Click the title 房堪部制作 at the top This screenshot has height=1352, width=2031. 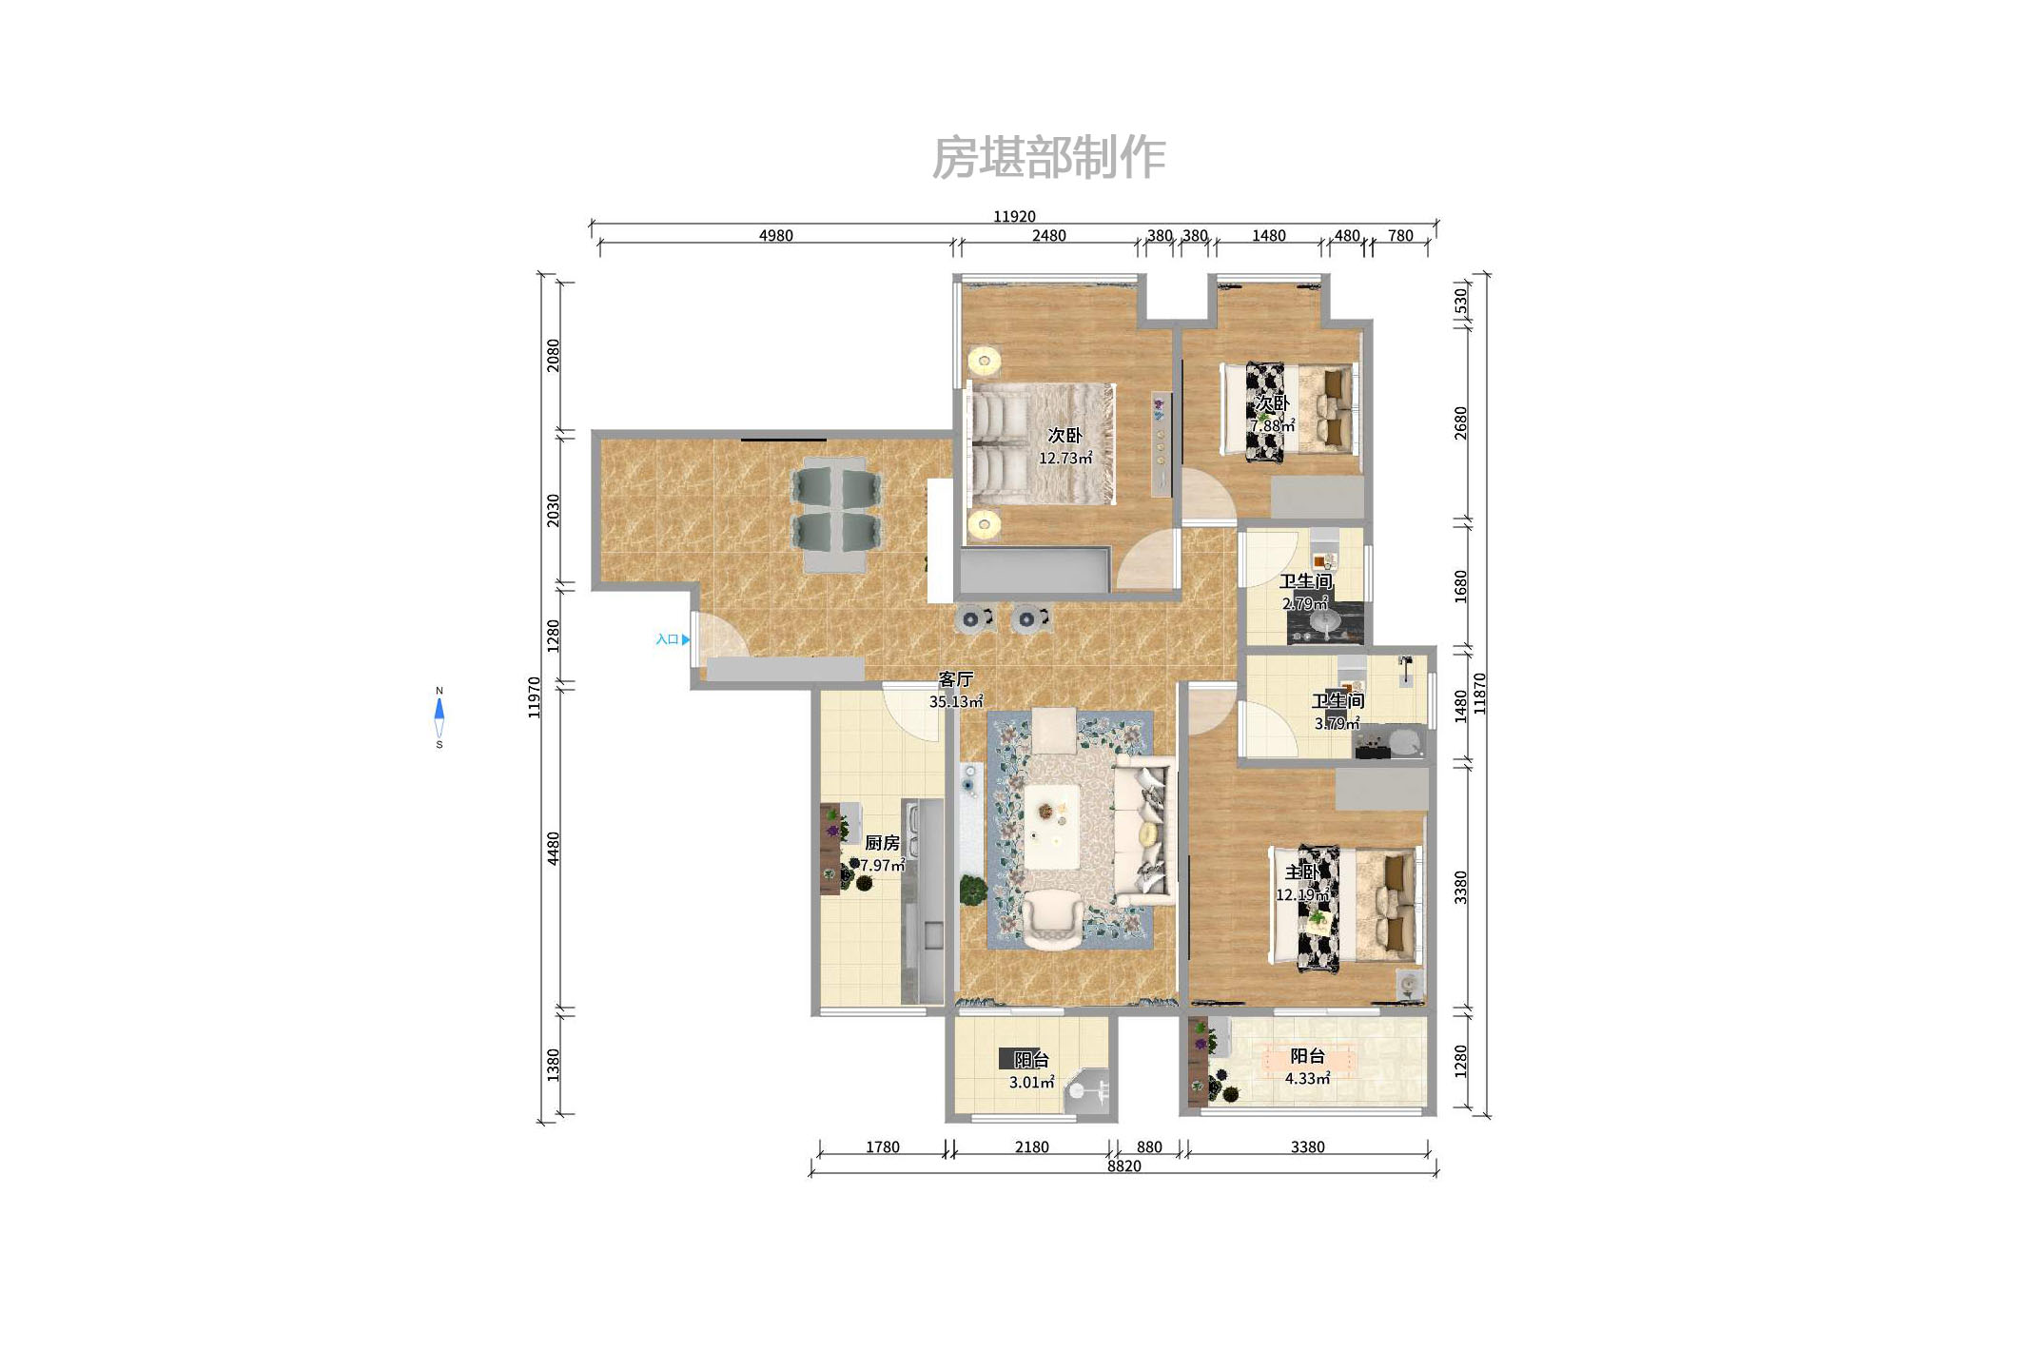click(1048, 157)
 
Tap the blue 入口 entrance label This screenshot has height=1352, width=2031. click(668, 639)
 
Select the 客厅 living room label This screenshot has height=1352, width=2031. click(955, 679)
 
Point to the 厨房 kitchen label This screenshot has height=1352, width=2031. click(882, 843)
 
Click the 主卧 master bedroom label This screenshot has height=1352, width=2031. click(1301, 872)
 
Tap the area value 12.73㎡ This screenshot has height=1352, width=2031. click(1065, 458)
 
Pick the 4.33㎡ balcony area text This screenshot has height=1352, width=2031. click(1307, 1078)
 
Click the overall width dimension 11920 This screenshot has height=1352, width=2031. click(1014, 216)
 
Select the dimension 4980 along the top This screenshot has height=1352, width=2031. click(775, 235)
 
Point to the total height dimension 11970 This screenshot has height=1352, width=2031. click(535, 697)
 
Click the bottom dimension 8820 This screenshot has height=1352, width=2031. click(1123, 1166)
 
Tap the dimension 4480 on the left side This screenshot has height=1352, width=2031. click(554, 848)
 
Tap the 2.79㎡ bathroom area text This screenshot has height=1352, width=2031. click(1305, 603)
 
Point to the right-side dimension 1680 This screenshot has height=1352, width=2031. click(1461, 586)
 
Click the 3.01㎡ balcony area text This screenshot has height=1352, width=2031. click(1031, 1082)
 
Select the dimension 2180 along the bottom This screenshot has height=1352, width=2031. click(1031, 1146)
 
